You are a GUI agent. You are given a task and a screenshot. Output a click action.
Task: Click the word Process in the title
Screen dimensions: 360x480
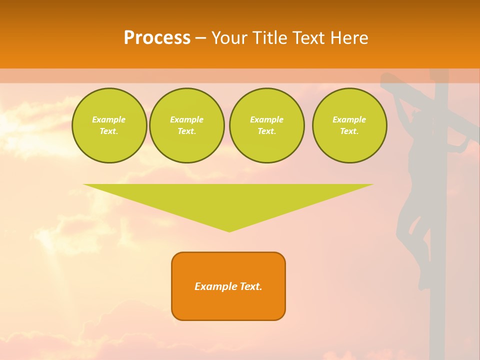157,38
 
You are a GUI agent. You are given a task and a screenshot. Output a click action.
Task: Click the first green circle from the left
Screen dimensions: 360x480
109,125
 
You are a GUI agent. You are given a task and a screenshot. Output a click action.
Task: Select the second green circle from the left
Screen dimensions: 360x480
186,125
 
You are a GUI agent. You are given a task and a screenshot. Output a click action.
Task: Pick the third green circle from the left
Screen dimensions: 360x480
266,125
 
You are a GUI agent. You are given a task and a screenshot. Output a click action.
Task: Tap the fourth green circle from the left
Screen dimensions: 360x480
349,125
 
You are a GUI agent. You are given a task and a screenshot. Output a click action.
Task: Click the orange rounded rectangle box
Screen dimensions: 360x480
228,286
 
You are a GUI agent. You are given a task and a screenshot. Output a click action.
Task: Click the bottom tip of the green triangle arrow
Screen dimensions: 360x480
229,231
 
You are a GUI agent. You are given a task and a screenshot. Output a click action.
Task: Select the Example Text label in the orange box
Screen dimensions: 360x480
228,286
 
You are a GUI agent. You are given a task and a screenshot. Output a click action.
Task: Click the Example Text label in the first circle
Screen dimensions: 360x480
109,125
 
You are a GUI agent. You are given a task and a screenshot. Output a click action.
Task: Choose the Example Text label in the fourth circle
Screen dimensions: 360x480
349,125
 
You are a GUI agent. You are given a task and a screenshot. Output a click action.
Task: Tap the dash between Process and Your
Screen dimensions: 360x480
200,38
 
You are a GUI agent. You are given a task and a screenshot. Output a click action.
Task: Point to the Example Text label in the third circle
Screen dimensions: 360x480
266,125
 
